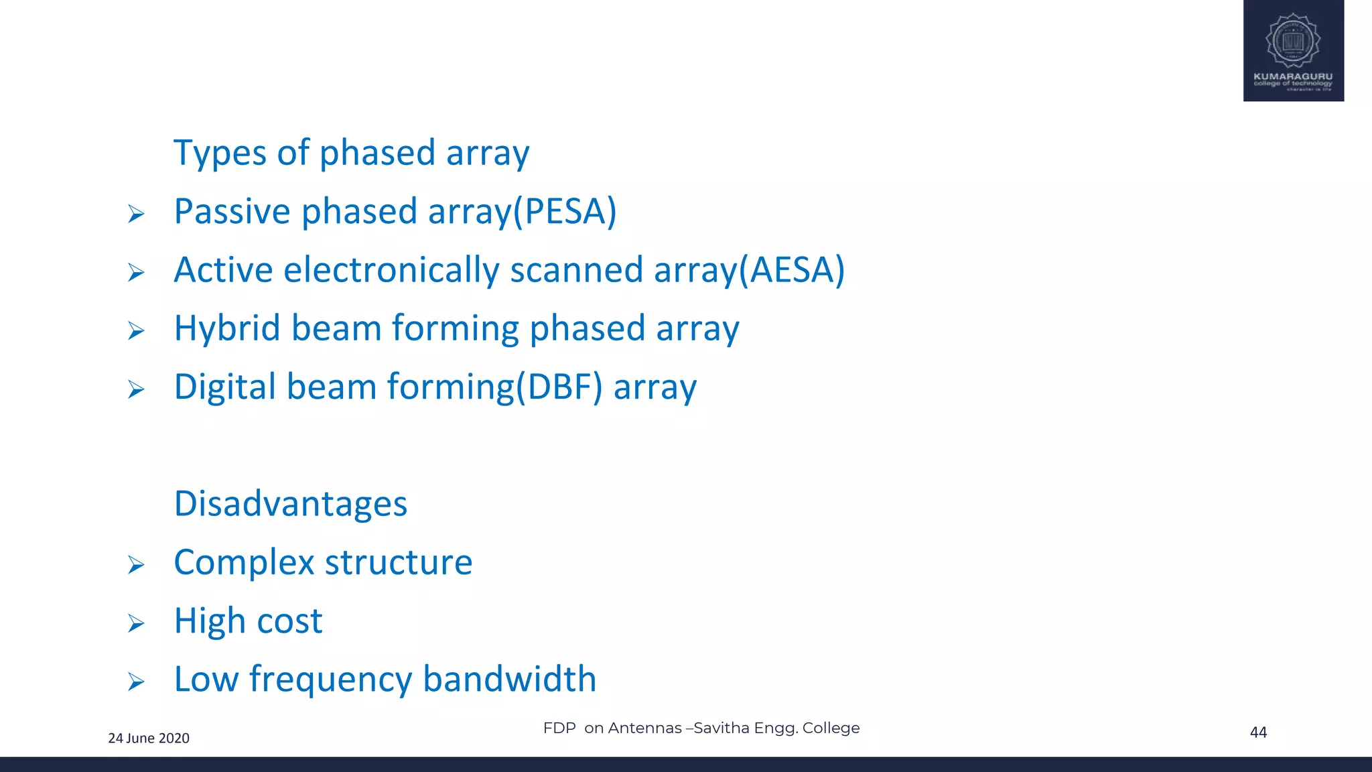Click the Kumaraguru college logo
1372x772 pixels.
(x=1293, y=50)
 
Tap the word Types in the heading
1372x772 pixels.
(x=220, y=153)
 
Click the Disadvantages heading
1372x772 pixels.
(x=290, y=504)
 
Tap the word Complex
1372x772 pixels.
(x=244, y=563)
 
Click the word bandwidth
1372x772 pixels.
(x=509, y=679)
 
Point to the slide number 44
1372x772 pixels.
(x=1258, y=732)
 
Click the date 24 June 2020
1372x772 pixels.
(x=149, y=738)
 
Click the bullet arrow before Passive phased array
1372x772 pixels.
(x=136, y=214)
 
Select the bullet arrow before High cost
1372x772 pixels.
(x=136, y=624)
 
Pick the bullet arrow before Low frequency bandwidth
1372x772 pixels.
(x=136, y=682)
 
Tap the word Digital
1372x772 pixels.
(x=225, y=387)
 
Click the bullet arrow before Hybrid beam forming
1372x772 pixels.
(x=136, y=331)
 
